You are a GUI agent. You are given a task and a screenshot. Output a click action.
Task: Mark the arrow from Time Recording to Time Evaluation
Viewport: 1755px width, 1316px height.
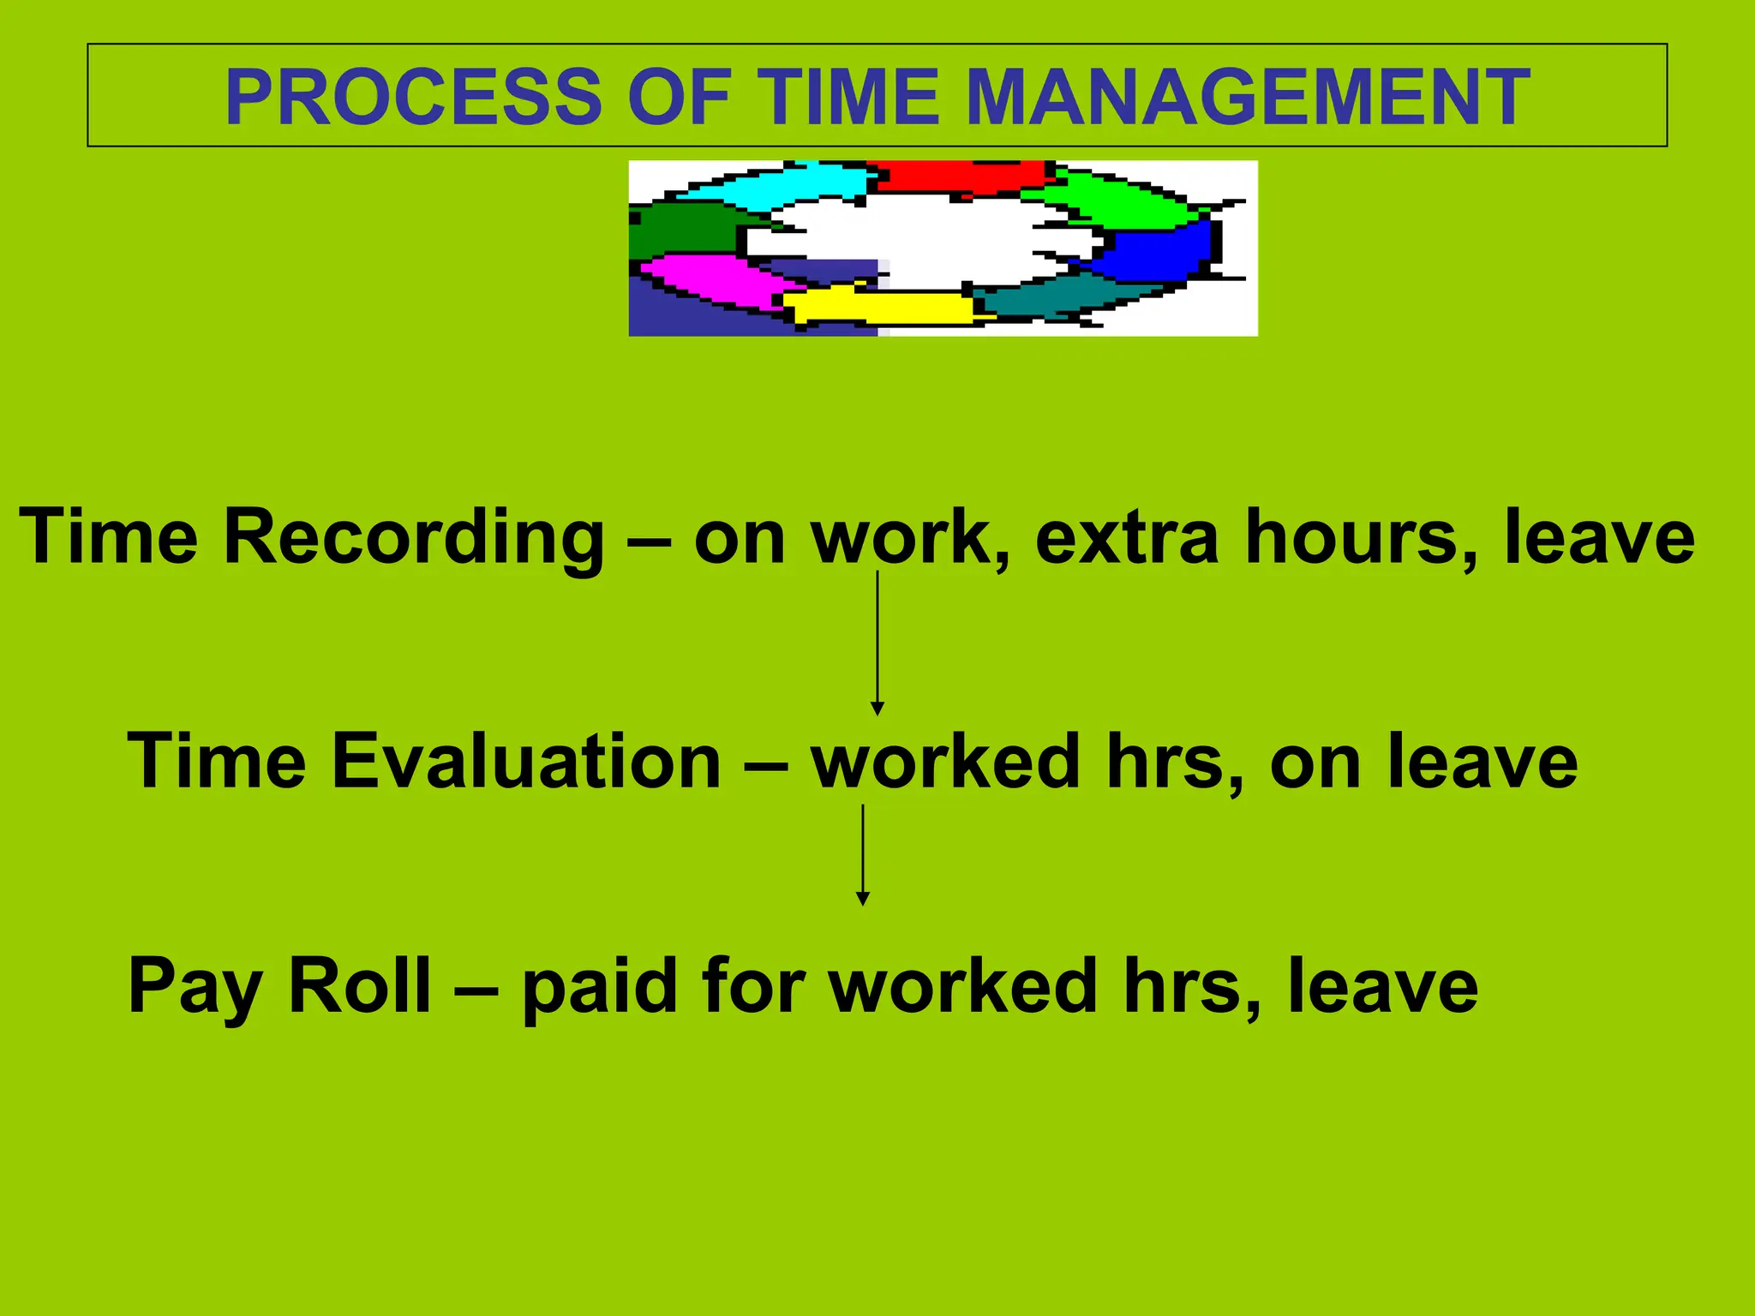coord(877,643)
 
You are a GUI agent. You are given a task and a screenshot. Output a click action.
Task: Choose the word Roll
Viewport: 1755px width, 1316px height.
coord(359,986)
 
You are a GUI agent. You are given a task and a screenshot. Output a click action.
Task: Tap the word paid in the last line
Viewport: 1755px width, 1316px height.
coord(600,986)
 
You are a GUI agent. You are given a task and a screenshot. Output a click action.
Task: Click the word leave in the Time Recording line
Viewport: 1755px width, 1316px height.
coord(1599,538)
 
